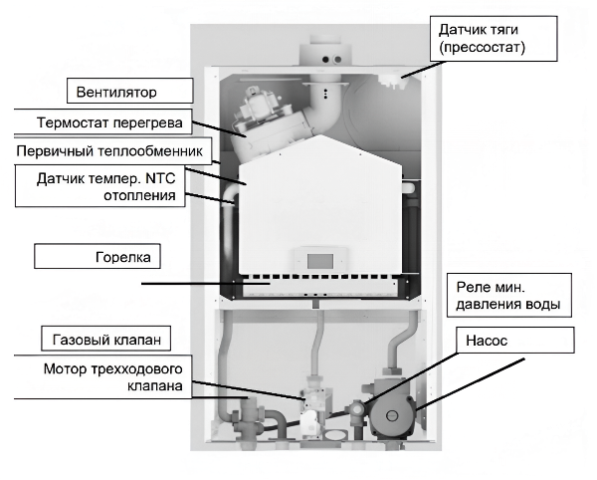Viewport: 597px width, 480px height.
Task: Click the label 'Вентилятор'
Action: [118, 94]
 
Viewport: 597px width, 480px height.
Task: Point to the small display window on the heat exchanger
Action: [320, 262]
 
